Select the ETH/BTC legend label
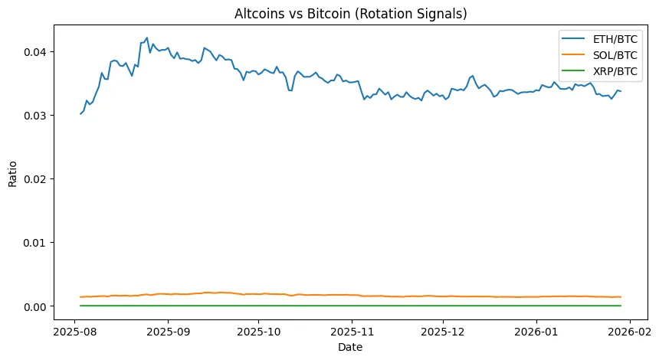click(615, 39)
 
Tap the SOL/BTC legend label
click(615, 55)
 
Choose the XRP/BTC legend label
click(615, 71)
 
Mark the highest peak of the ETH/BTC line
click(146, 38)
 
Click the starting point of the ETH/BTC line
click(80, 113)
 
